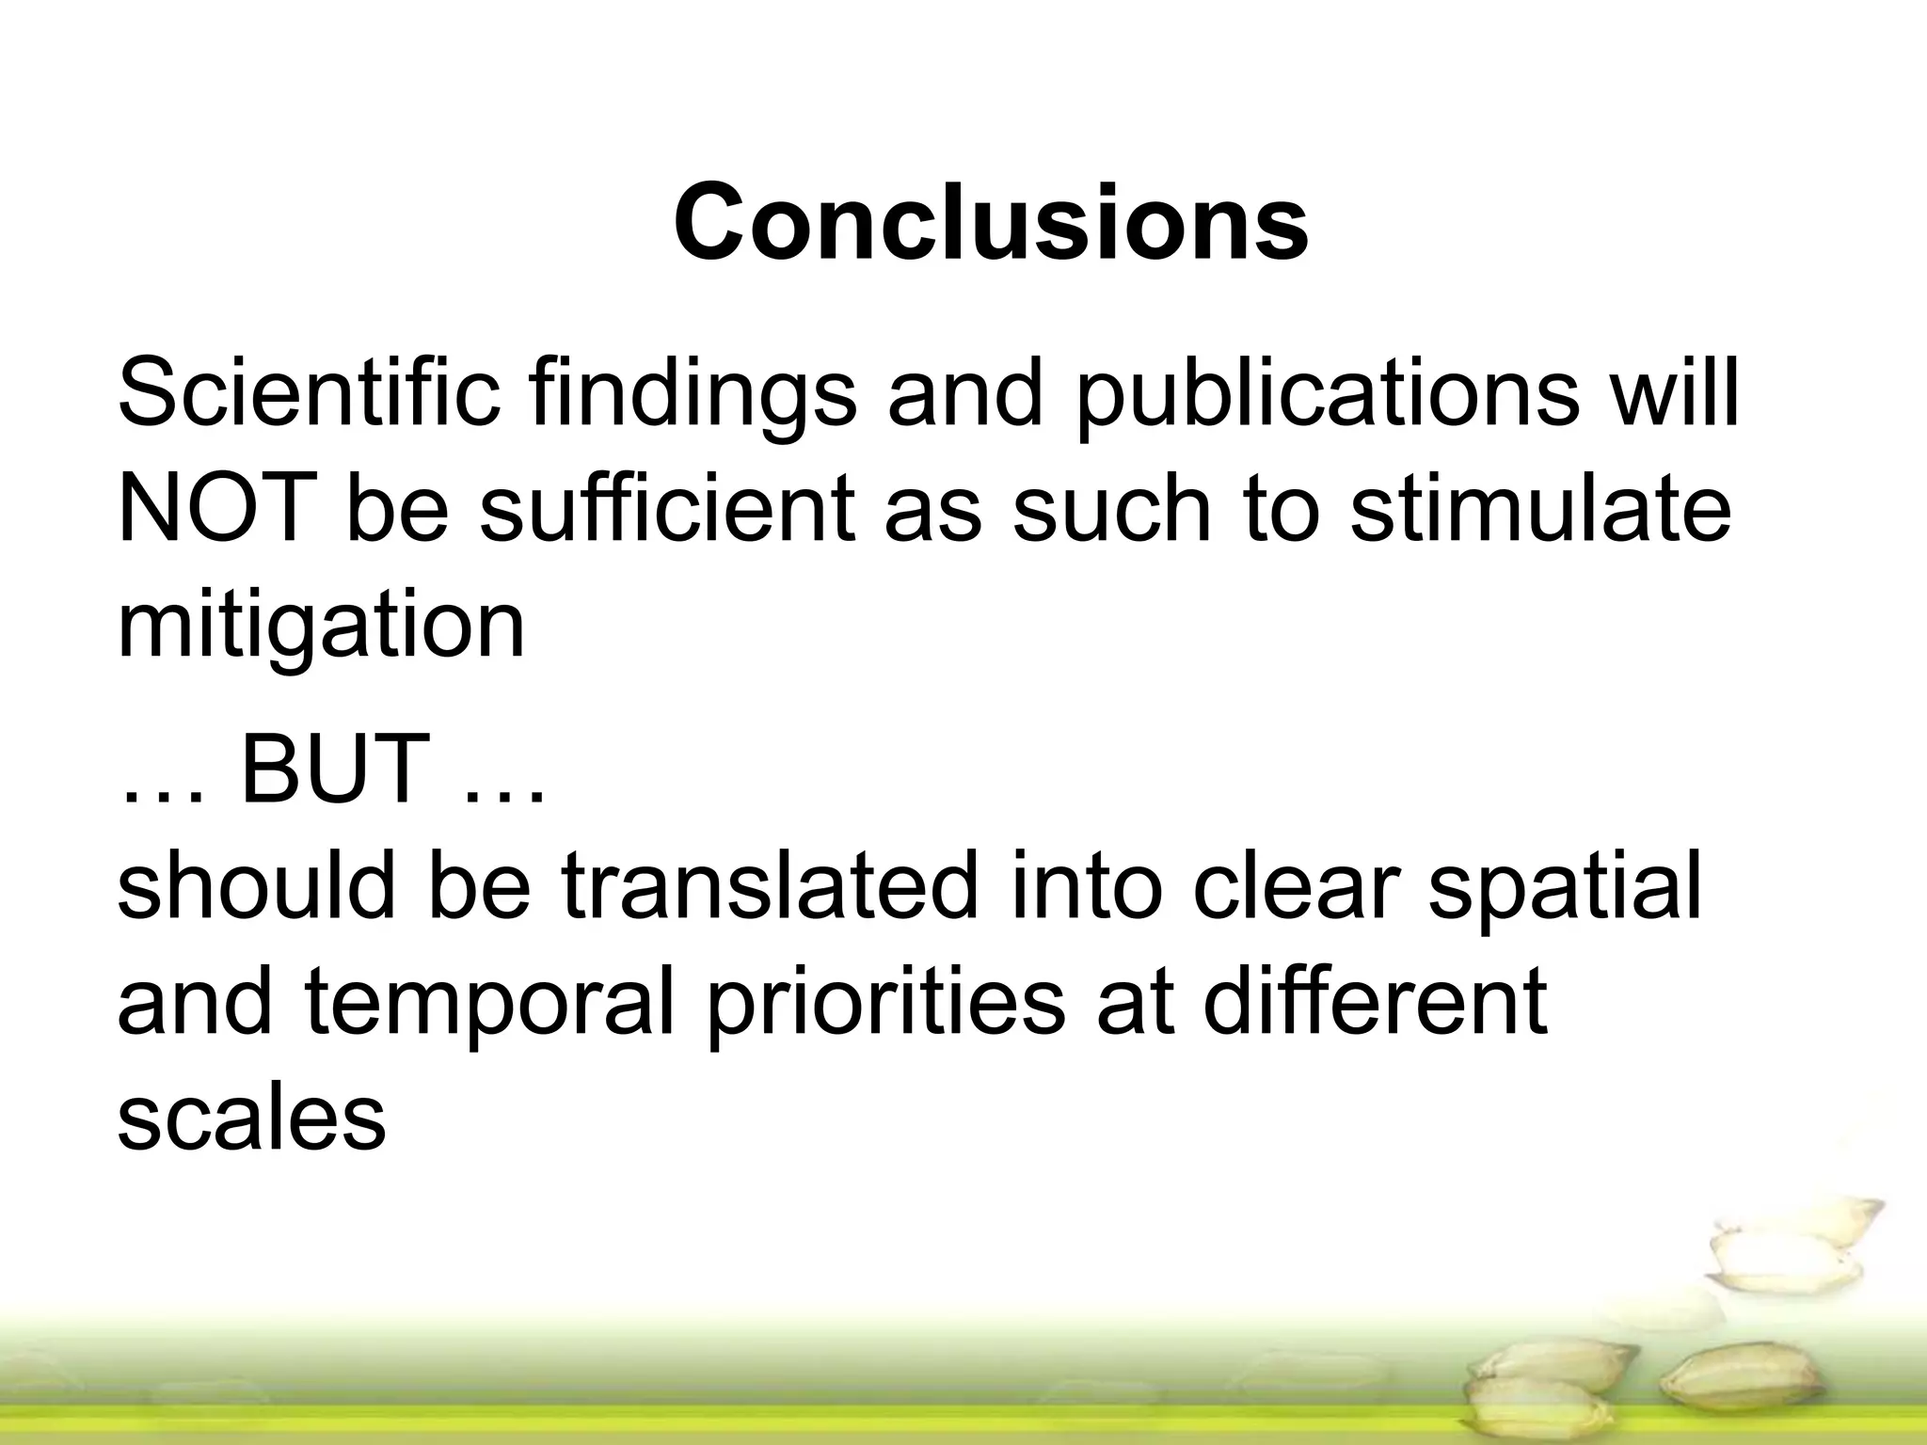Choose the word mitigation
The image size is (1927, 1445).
pos(321,628)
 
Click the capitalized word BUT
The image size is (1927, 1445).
pos(335,769)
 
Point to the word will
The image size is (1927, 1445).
pos(1673,392)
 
